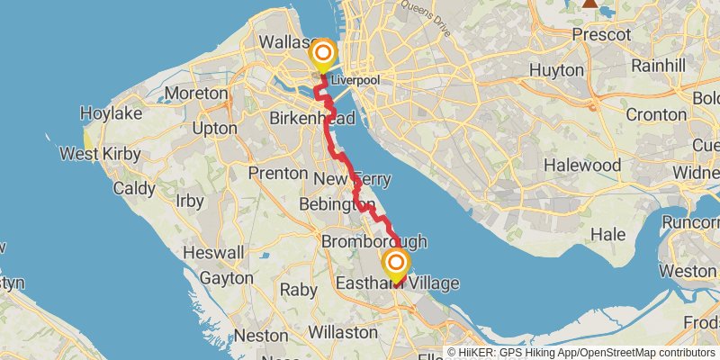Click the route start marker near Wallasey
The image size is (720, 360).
click(x=321, y=55)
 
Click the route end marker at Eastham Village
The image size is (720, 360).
click(x=395, y=264)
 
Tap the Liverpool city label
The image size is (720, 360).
click(x=355, y=81)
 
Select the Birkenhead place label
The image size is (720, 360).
click(x=312, y=119)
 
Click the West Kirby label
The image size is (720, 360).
click(x=100, y=154)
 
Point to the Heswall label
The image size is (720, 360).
click(x=213, y=253)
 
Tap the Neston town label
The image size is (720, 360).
click(x=260, y=335)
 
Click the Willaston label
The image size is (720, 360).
click(x=343, y=332)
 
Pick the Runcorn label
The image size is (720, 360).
click(x=690, y=222)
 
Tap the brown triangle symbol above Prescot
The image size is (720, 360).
click(x=589, y=4)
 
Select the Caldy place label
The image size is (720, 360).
click(x=135, y=189)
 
